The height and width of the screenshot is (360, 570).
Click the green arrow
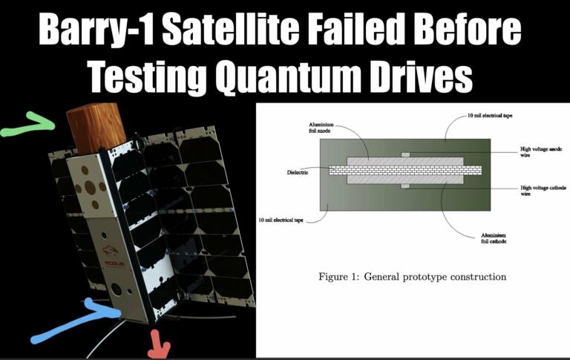point(30,127)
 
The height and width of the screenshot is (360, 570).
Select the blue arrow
point(71,320)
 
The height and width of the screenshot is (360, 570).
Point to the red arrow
point(158,344)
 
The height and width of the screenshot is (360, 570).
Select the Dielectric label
point(298,171)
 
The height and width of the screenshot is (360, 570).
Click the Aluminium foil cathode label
point(493,237)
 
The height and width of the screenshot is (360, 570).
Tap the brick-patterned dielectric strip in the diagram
point(404,170)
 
